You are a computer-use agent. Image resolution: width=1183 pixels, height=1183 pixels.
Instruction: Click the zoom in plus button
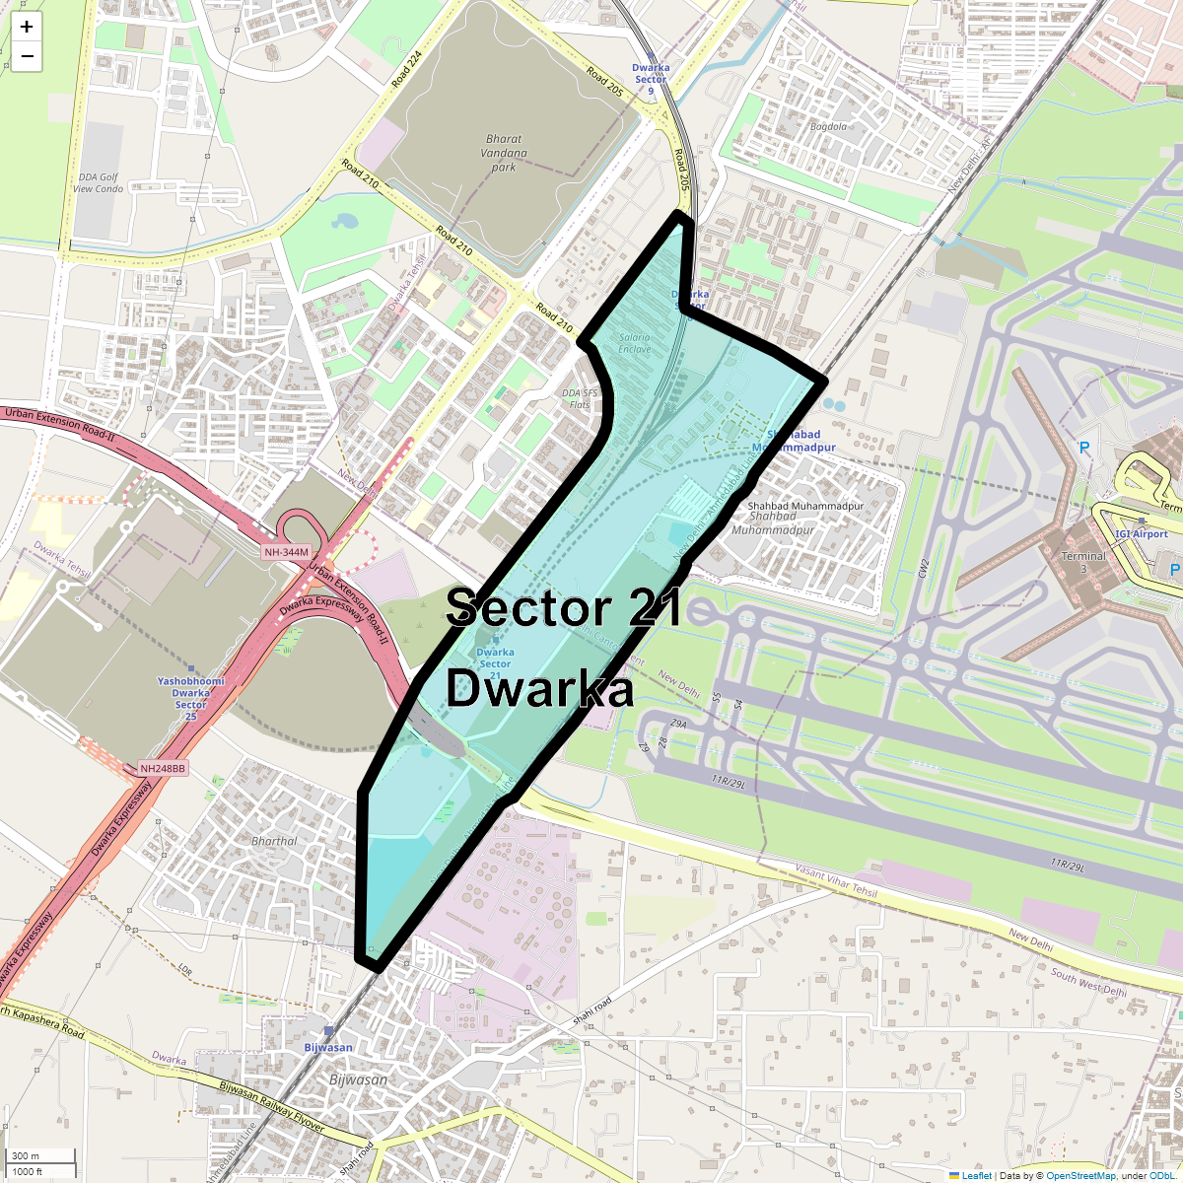27,27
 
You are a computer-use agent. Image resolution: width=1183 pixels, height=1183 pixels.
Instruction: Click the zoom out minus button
27,56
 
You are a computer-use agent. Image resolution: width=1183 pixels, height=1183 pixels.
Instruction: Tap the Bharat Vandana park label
504,153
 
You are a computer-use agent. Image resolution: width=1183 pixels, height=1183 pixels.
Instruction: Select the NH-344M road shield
286,552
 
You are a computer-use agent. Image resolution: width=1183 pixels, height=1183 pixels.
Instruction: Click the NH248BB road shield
163,768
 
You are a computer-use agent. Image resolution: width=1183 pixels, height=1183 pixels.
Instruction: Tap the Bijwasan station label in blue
328,1047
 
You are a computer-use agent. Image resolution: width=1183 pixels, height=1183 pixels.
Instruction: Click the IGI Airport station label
1142,534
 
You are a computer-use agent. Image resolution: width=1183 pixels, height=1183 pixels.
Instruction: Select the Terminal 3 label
1083,562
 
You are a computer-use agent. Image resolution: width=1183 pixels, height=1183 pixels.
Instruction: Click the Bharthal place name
274,841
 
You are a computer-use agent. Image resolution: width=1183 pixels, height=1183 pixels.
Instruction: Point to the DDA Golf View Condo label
98,183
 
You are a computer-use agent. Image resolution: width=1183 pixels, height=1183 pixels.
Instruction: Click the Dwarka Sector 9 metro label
651,79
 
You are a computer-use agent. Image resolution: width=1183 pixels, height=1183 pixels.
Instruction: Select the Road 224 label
406,69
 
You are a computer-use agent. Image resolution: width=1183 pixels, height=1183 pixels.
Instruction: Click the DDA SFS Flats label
580,398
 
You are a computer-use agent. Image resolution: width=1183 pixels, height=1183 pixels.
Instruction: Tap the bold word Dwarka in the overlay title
539,689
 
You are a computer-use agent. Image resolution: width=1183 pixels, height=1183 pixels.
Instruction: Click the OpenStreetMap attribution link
1080,1175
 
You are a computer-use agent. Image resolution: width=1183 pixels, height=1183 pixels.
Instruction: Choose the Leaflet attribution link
976,1175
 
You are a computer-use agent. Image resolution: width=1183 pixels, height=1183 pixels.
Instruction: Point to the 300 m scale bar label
26,1156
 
